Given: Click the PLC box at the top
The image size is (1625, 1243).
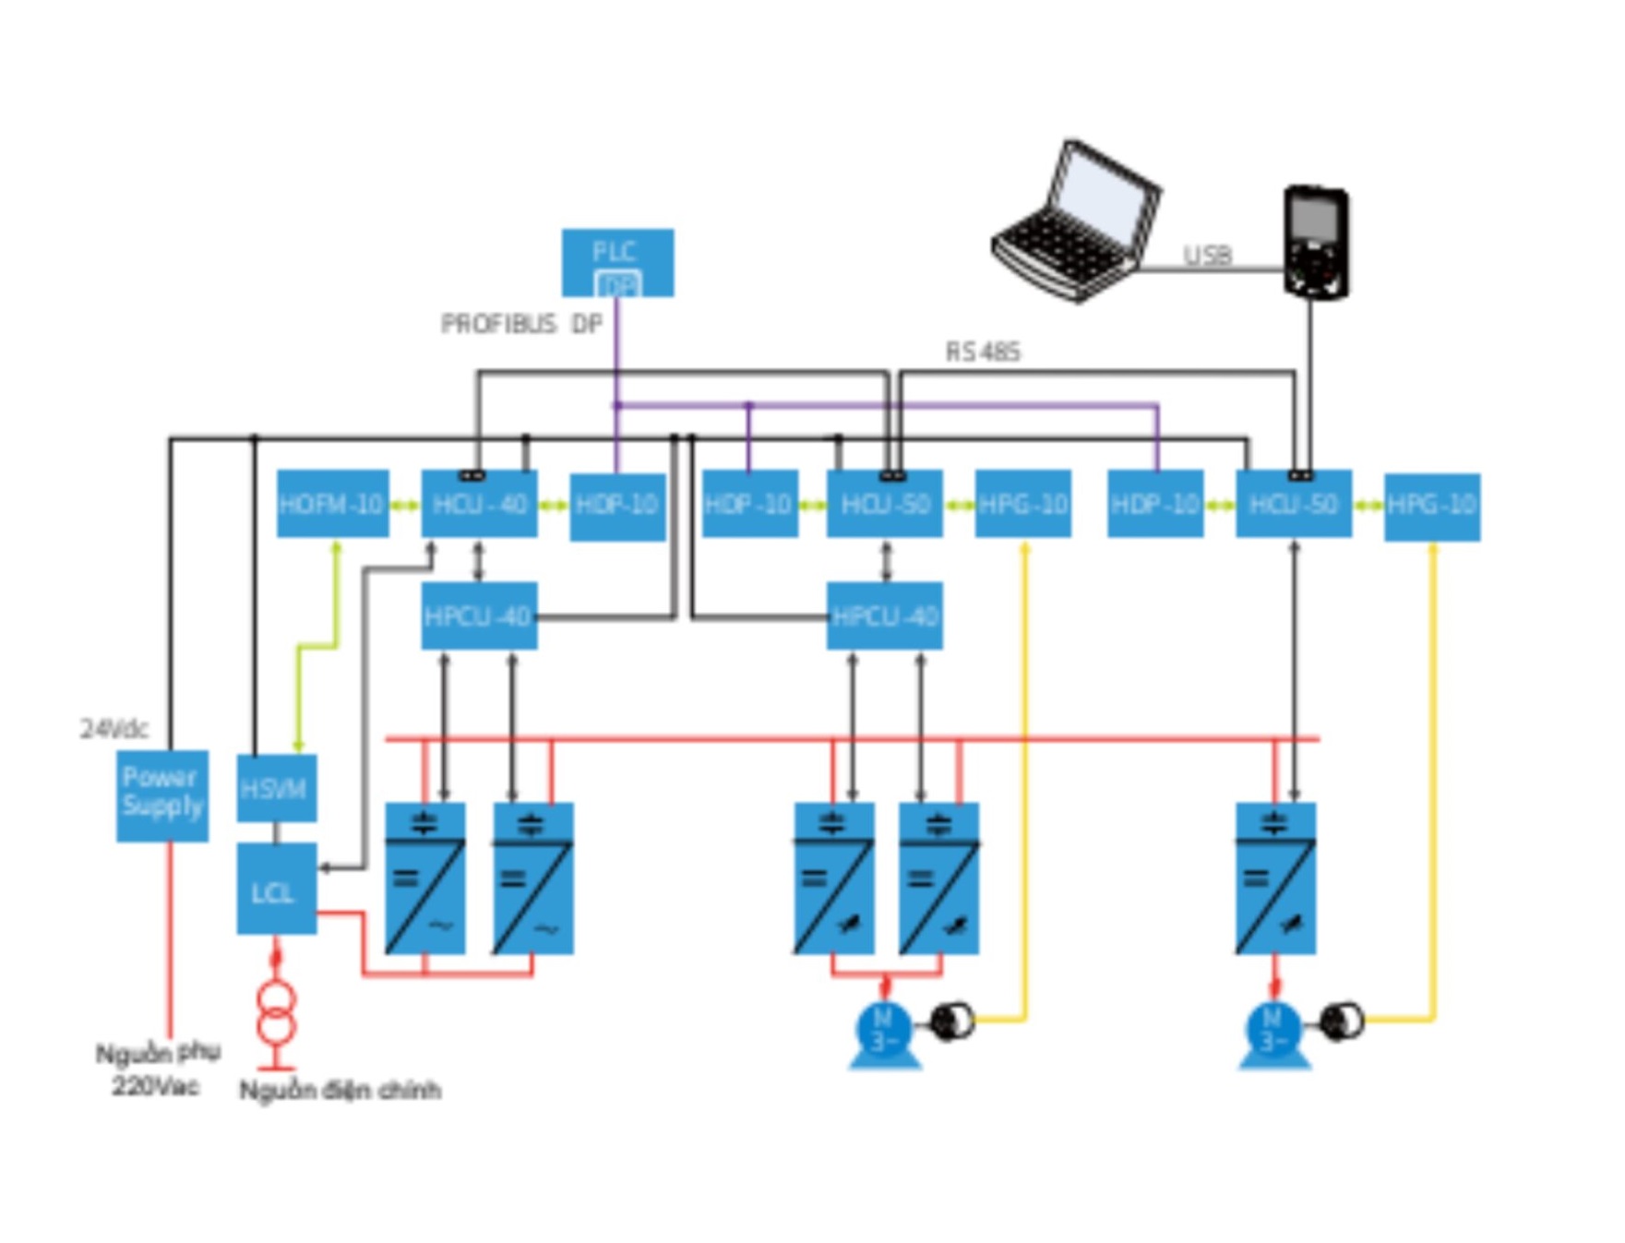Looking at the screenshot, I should click(617, 262).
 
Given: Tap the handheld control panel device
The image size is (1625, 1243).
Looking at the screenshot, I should click(1316, 243).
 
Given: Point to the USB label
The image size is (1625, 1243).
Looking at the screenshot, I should click(1207, 255).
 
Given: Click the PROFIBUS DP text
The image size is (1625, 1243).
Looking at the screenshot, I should click(521, 324).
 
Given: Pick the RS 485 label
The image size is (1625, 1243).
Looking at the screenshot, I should click(983, 352).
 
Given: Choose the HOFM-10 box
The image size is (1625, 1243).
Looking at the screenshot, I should click(332, 504).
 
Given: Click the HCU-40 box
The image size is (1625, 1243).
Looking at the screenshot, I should click(479, 504).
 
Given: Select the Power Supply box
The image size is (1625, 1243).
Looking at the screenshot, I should click(162, 795).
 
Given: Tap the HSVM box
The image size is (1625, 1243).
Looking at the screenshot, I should click(276, 788).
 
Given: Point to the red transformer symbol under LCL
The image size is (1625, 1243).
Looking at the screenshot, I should click(276, 1013).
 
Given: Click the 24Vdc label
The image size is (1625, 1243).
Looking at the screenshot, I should click(114, 729).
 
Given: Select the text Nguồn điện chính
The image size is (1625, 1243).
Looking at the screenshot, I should click(340, 1090).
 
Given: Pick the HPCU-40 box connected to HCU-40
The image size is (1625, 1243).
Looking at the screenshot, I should click(479, 616).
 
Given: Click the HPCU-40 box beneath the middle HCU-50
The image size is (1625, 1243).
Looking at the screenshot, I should click(884, 616).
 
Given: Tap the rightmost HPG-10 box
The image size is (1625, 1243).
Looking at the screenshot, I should click(1432, 506).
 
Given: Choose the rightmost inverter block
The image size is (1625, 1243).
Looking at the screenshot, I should click(1275, 878).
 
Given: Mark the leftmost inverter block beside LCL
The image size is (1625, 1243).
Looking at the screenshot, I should click(424, 878).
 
